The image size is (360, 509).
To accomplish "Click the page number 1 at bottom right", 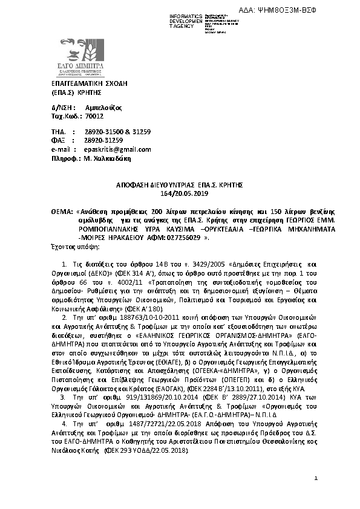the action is (x=316, y=495).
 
